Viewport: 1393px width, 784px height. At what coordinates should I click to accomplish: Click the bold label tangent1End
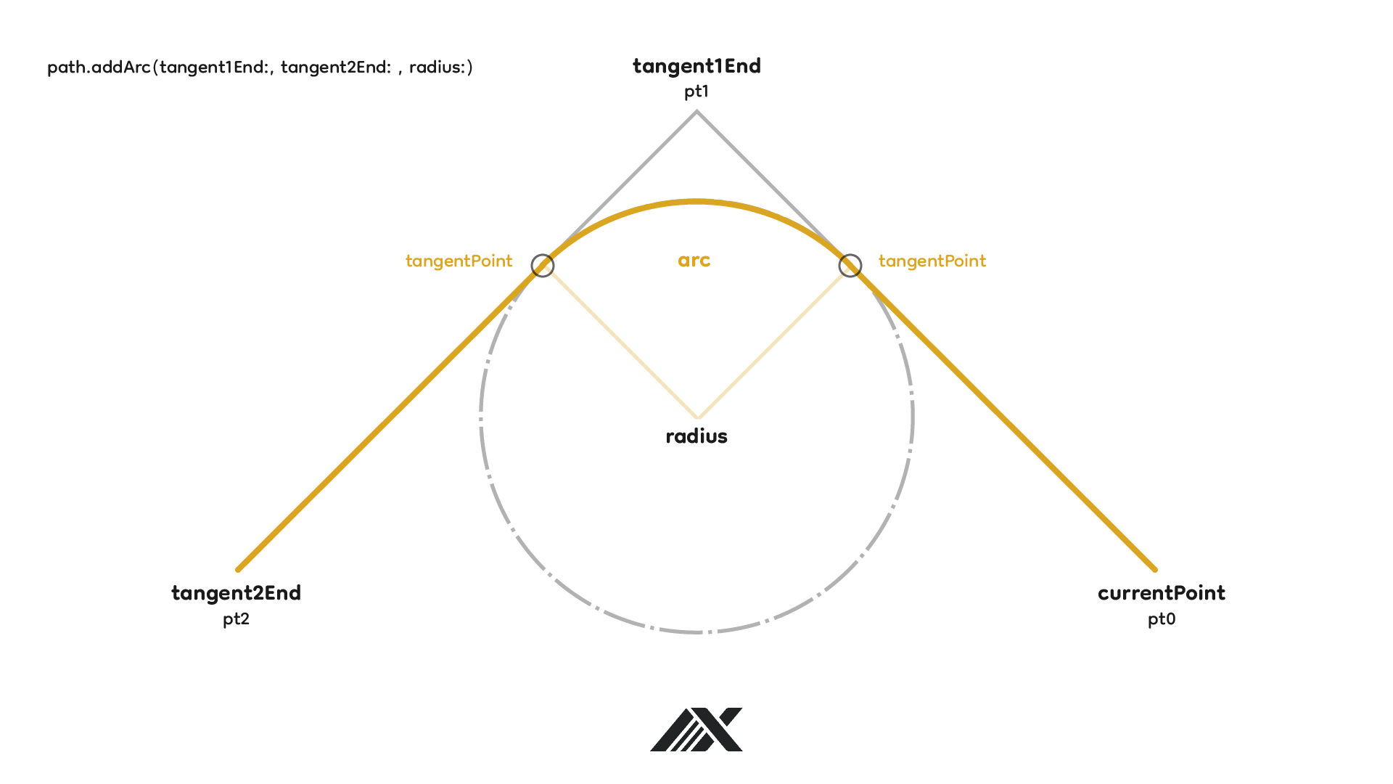click(x=696, y=66)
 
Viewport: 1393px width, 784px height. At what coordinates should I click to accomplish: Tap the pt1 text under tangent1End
click(x=696, y=91)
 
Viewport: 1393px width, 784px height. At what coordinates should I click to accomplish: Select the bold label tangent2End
click(x=236, y=593)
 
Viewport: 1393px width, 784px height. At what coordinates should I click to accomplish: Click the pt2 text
click(x=236, y=619)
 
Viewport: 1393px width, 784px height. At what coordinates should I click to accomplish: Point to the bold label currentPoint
click(x=1161, y=593)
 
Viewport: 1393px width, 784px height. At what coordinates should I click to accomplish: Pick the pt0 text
click(x=1161, y=619)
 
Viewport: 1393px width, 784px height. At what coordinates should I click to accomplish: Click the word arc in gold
click(x=694, y=261)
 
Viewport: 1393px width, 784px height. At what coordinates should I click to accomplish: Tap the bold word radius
click(x=696, y=436)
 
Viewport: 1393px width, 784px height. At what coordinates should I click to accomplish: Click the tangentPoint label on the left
click(x=459, y=261)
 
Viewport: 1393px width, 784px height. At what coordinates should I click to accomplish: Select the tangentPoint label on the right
click(x=932, y=261)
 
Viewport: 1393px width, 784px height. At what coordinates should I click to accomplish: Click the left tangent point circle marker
click(x=543, y=266)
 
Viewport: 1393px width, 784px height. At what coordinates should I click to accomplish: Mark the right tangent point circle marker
click(x=850, y=266)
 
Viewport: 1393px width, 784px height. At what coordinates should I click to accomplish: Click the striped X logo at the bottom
click(x=696, y=729)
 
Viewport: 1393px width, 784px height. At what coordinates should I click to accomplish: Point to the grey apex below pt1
click(x=696, y=112)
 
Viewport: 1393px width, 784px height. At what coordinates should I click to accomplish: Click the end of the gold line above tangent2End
click(x=239, y=569)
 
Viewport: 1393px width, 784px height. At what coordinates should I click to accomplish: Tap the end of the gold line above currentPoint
click(x=1154, y=569)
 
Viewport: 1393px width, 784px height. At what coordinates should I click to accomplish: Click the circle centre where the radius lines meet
click(x=697, y=417)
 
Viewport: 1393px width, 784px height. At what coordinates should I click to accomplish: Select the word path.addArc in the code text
click(x=99, y=68)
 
